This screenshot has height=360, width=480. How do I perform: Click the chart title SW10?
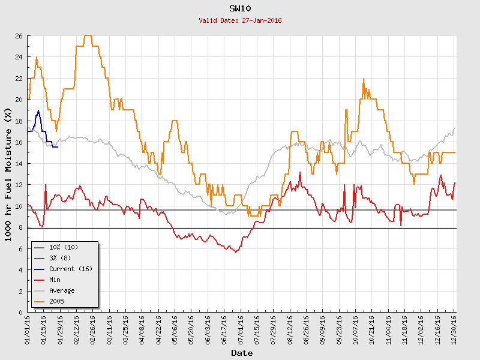[240, 9]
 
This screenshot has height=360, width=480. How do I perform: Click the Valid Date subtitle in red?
[240, 20]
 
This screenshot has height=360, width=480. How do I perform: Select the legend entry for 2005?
[57, 301]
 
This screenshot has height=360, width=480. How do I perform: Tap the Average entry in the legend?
[62, 290]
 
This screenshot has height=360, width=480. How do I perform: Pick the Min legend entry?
[55, 279]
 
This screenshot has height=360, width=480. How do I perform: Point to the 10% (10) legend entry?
[64, 247]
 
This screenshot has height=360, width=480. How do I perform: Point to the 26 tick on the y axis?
[19, 36]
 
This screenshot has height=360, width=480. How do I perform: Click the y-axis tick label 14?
[19, 163]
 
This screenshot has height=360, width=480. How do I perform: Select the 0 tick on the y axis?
[20, 312]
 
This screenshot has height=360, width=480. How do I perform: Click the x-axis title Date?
[242, 353]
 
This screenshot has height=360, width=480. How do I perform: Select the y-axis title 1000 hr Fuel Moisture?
[8, 174]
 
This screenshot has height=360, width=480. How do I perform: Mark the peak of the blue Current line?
[38, 110]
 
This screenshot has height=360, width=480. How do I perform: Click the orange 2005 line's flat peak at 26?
[88, 35]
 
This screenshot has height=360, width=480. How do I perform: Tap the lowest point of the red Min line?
[236, 253]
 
